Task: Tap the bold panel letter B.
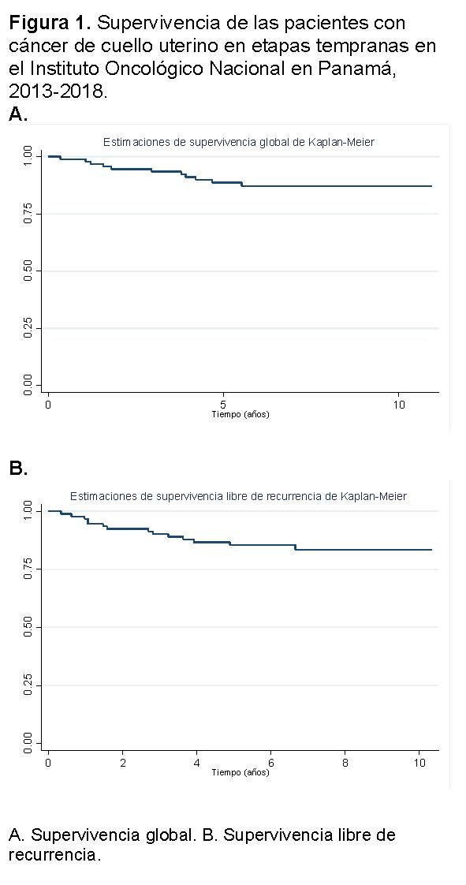pyautogui.click(x=19, y=469)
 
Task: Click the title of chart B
pyautogui.click(x=239, y=497)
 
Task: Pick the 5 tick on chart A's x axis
pyautogui.click(x=223, y=405)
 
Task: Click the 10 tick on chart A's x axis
pyautogui.click(x=398, y=405)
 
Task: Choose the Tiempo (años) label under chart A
pyautogui.click(x=240, y=416)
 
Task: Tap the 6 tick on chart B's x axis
pyautogui.click(x=270, y=761)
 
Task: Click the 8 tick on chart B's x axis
pyautogui.click(x=345, y=761)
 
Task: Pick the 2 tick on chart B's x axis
pyautogui.click(x=123, y=761)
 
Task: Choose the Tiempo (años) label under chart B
pyautogui.click(x=240, y=772)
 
